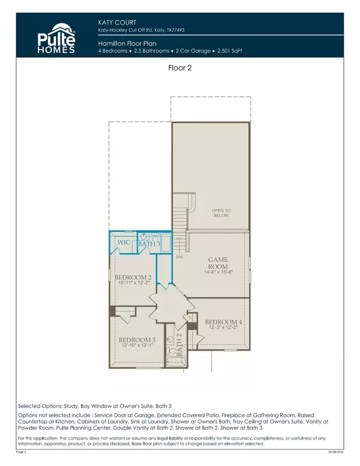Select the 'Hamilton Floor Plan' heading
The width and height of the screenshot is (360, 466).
(124, 43)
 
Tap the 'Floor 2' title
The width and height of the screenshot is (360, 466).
(180, 69)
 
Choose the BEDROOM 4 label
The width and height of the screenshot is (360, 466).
(222, 321)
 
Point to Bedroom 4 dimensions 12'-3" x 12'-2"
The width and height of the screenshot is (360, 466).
(222, 328)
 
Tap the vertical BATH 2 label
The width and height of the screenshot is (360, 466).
(179, 355)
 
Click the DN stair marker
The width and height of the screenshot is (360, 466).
(178, 257)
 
